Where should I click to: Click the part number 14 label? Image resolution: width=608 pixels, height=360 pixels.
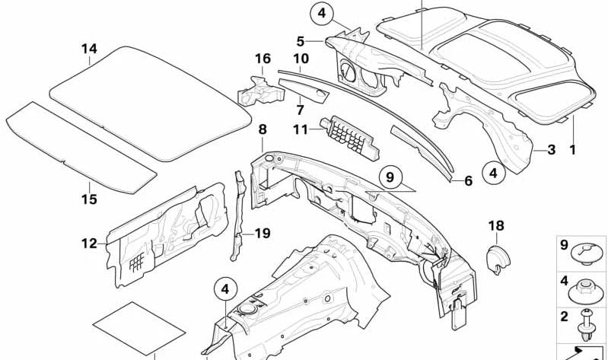(90, 49)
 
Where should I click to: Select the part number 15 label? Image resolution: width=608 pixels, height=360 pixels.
(89, 199)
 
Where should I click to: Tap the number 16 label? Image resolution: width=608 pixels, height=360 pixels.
(263, 59)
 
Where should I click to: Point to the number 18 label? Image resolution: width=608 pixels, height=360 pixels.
(496, 225)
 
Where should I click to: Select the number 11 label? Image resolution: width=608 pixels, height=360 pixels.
(301, 130)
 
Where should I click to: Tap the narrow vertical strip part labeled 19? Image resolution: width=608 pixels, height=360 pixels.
(239, 213)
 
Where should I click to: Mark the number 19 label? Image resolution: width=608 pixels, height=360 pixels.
(262, 234)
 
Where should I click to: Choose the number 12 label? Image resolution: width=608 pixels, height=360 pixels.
(90, 244)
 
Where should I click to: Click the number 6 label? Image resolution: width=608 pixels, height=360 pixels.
(468, 180)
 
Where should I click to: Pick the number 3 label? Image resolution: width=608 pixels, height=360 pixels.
(551, 150)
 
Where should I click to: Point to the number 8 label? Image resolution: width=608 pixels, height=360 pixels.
(262, 130)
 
